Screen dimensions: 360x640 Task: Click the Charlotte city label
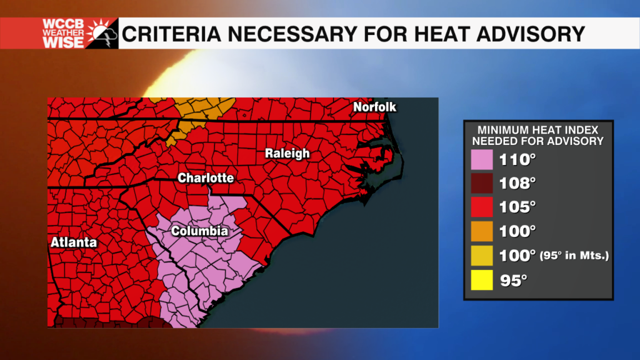click(x=206, y=178)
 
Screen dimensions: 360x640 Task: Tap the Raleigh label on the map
click(x=287, y=153)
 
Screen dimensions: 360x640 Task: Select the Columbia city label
click(x=199, y=231)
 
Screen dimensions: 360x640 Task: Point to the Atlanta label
click(x=74, y=242)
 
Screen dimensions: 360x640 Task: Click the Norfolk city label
click(x=374, y=107)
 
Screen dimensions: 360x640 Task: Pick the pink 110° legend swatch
click(x=482, y=160)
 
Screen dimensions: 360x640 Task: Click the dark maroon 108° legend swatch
click(x=482, y=184)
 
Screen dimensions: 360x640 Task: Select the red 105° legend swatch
click(x=482, y=207)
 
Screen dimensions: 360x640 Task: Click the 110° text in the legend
click(x=517, y=160)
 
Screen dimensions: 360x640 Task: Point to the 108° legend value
click(x=517, y=184)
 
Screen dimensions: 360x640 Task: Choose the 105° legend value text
click(x=517, y=207)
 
